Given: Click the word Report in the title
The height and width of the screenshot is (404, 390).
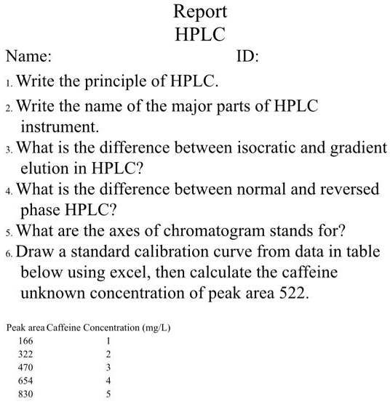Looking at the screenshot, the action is [200, 12].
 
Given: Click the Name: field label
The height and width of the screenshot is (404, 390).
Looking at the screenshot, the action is [28, 56].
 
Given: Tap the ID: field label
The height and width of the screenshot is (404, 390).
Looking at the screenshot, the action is [249, 56].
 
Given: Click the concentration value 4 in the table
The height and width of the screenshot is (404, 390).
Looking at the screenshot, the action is [107, 381].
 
